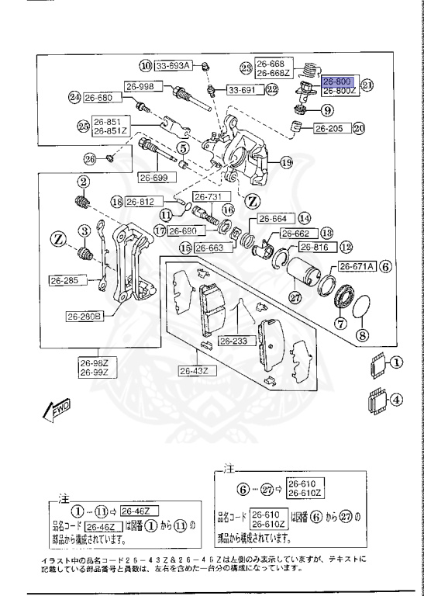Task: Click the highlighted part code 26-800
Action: tap(337, 81)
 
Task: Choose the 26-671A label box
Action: tap(356, 265)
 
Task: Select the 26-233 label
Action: tap(232, 341)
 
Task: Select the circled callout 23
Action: tap(246, 68)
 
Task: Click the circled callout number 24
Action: tap(74, 98)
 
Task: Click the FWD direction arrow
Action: tap(58, 411)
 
